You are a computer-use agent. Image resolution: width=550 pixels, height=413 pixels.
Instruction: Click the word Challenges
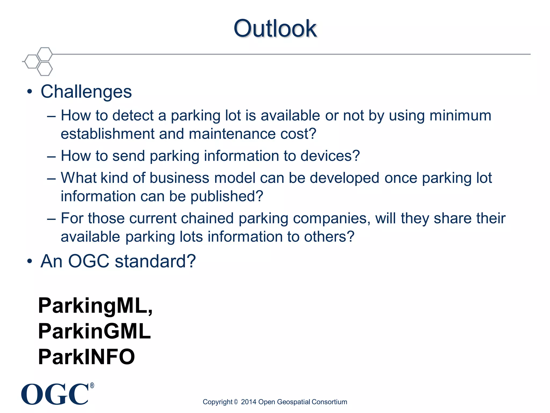tap(86, 92)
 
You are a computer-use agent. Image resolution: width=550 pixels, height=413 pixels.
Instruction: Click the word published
tap(226, 197)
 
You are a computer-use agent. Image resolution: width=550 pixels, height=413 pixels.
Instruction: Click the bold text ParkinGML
tap(94, 331)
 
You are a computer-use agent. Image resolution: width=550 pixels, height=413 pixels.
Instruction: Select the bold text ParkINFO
tap(86, 357)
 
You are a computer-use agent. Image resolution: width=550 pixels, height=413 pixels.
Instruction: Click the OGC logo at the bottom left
tap(55, 394)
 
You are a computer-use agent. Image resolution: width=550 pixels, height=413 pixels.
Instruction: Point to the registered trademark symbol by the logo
tap(92, 386)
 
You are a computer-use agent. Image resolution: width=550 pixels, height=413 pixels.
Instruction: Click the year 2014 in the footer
tap(248, 402)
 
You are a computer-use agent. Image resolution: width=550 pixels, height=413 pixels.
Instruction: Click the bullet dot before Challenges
tap(30, 92)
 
